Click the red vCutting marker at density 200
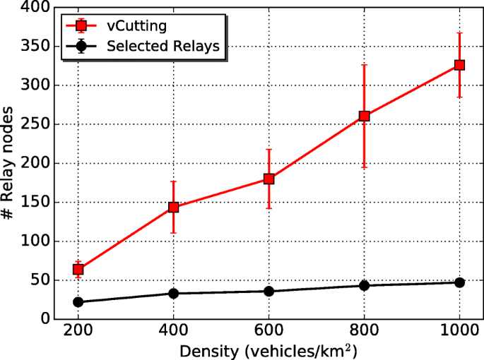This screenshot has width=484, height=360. (x=78, y=269)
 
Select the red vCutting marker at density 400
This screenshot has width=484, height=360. (x=173, y=208)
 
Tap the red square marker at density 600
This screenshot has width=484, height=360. (x=268, y=179)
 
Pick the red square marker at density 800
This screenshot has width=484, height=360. (x=364, y=116)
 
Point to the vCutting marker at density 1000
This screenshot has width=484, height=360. (x=459, y=65)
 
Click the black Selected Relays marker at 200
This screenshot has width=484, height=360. (x=78, y=301)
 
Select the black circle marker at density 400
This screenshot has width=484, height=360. (x=173, y=293)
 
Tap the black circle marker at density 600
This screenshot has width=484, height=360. (x=268, y=291)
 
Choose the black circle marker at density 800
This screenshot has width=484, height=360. (x=364, y=285)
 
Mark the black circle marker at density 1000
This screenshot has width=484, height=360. (x=459, y=282)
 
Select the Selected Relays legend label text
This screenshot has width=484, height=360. (x=163, y=47)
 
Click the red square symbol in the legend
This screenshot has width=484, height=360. (x=82, y=26)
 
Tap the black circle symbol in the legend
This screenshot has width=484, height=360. (x=82, y=47)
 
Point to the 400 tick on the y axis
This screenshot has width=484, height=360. (x=34, y=8)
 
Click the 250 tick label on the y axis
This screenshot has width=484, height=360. (x=34, y=124)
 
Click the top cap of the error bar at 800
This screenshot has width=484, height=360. (x=364, y=65)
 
